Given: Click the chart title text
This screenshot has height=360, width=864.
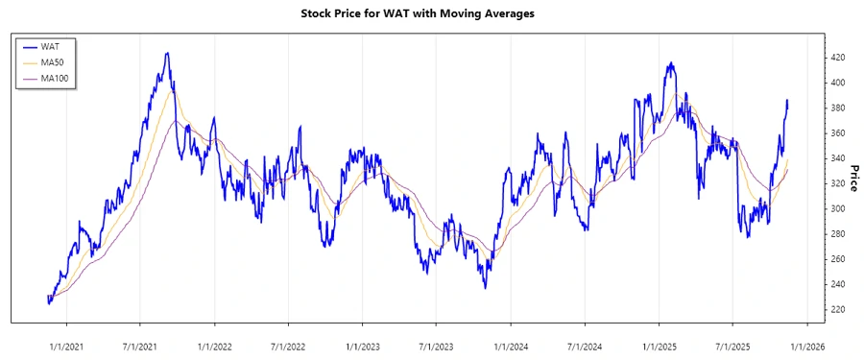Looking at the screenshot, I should (431, 13).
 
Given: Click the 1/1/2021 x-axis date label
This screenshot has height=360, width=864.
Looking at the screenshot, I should (65, 345).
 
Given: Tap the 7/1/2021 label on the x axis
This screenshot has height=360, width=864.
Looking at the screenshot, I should (139, 345).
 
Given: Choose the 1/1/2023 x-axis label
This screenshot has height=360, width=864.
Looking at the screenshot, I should (363, 345).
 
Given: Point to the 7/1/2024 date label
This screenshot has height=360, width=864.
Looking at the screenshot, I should (585, 345).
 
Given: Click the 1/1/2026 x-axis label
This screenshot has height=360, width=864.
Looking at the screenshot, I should (807, 345).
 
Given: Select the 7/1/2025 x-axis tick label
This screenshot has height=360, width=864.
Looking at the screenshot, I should (733, 345).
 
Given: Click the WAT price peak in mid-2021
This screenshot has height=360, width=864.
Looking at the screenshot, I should (167, 54).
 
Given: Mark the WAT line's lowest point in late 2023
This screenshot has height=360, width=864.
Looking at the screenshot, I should (485, 287).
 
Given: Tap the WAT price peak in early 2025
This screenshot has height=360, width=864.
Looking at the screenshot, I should (670, 63).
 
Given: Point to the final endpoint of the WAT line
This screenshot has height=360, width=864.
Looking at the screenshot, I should (788, 102).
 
